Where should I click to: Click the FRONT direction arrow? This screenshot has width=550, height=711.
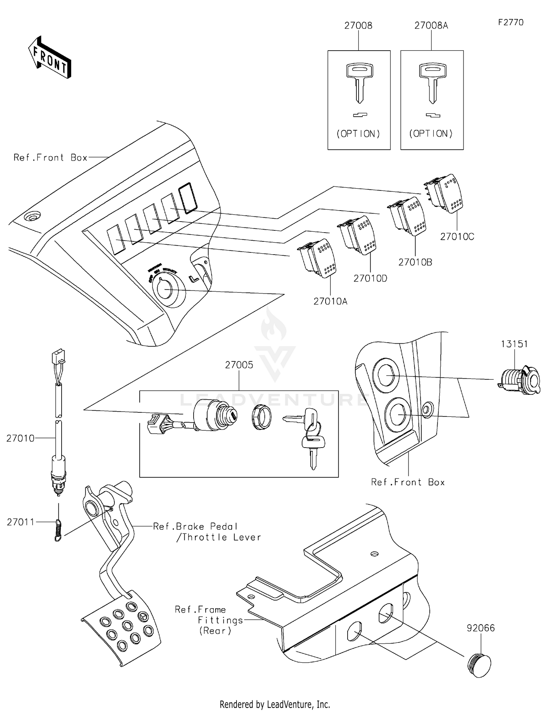(x=50, y=58)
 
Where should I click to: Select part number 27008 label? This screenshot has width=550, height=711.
(x=358, y=25)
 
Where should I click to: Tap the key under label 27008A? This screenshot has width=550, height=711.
(x=433, y=83)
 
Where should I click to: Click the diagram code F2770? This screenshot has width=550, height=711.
(x=511, y=22)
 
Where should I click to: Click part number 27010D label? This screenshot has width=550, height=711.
(x=370, y=278)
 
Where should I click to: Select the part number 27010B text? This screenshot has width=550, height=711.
(x=415, y=262)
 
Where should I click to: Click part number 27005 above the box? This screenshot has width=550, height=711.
(x=239, y=365)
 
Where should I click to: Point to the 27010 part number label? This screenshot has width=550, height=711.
(x=20, y=438)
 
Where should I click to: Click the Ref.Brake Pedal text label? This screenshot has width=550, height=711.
(x=195, y=526)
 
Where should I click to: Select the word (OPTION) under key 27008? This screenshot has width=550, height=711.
(x=358, y=134)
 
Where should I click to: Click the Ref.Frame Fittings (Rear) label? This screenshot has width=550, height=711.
(x=209, y=620)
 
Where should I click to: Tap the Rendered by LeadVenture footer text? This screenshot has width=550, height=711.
(x=275, y=704)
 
